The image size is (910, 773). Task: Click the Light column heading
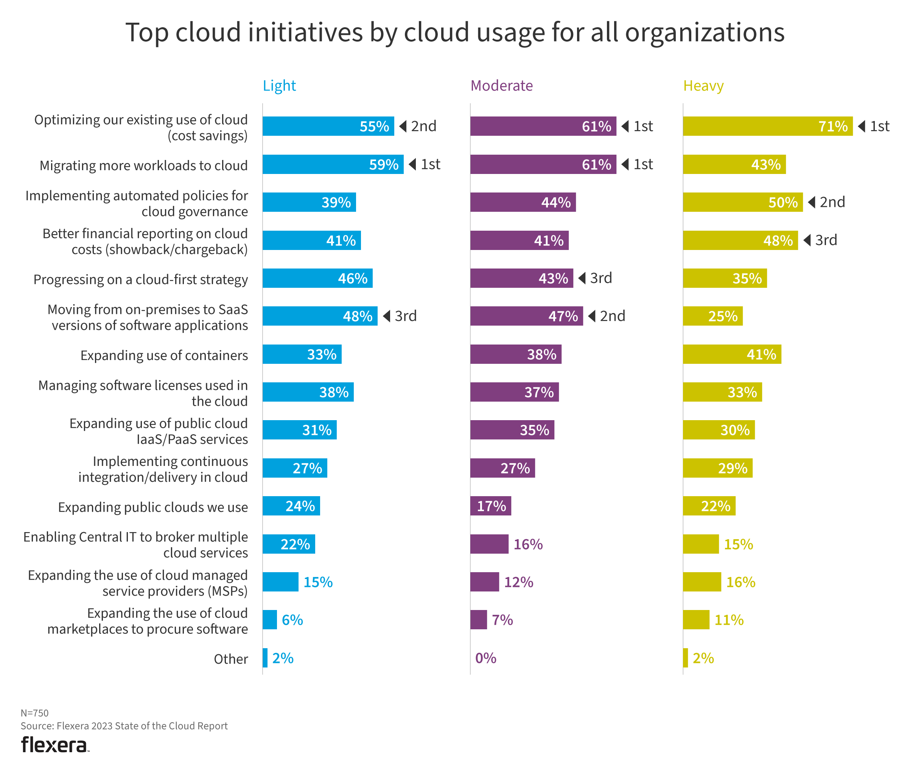(x=279, y=85)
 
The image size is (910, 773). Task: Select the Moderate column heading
(x=501, y=85)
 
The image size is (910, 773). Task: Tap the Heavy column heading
(x=703, y=86)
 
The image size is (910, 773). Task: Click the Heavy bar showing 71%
(x=767, y=126)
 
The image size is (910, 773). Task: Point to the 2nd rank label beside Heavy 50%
(x=832, y=202)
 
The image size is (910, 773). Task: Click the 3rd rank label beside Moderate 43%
(x=600, y=278)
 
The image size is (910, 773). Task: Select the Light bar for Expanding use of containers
(x=302, y=354)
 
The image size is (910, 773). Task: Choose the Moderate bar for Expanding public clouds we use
(x=490, y=506)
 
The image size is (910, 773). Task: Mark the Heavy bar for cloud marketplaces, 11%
(x=696, y=619)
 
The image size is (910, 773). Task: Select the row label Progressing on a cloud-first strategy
(x=140, y=279)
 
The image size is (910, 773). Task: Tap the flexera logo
(x=54, y=745)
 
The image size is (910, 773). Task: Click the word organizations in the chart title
(x=704, y=33)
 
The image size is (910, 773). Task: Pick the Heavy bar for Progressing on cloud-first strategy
(x=724, y=278)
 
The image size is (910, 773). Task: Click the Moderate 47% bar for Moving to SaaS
(x=526, y=316)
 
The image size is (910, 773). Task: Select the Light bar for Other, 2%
(x=265, y=658)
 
